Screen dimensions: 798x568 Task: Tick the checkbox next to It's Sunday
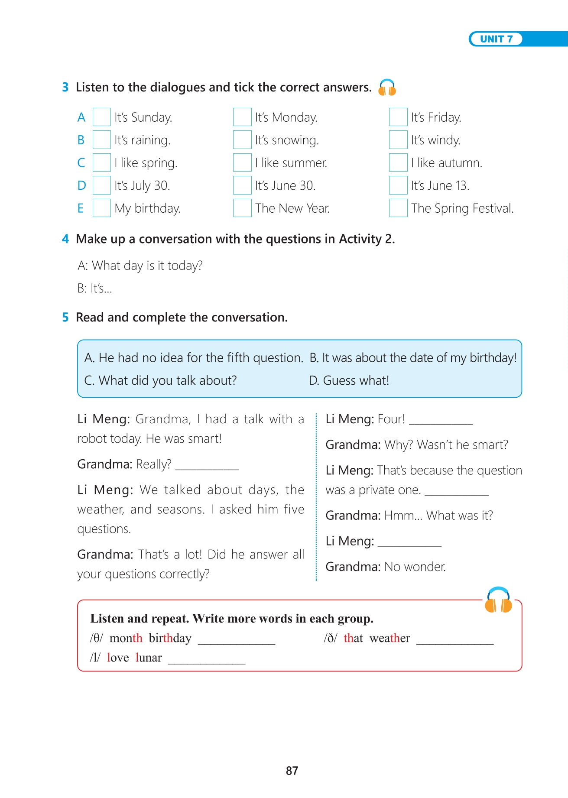(102, 117)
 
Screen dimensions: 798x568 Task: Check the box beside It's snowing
(242, 140)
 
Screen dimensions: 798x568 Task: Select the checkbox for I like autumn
(398, 162)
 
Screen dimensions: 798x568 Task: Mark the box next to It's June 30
(242, 185)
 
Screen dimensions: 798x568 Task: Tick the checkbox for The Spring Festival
(398, 208)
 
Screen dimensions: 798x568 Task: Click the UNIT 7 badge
(496, 39)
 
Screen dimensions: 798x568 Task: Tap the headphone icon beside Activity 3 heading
(387, 88)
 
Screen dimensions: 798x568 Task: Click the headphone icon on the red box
(498, 600)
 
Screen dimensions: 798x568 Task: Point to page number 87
(292, 771)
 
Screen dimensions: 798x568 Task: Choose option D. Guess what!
(349, 380)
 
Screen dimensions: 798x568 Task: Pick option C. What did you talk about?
(161, 380)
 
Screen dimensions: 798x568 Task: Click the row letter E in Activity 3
(81, 208)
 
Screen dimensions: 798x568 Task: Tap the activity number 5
(65, 318)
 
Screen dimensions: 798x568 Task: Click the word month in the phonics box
(126, 638)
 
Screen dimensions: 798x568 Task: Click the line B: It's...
(95, 289)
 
